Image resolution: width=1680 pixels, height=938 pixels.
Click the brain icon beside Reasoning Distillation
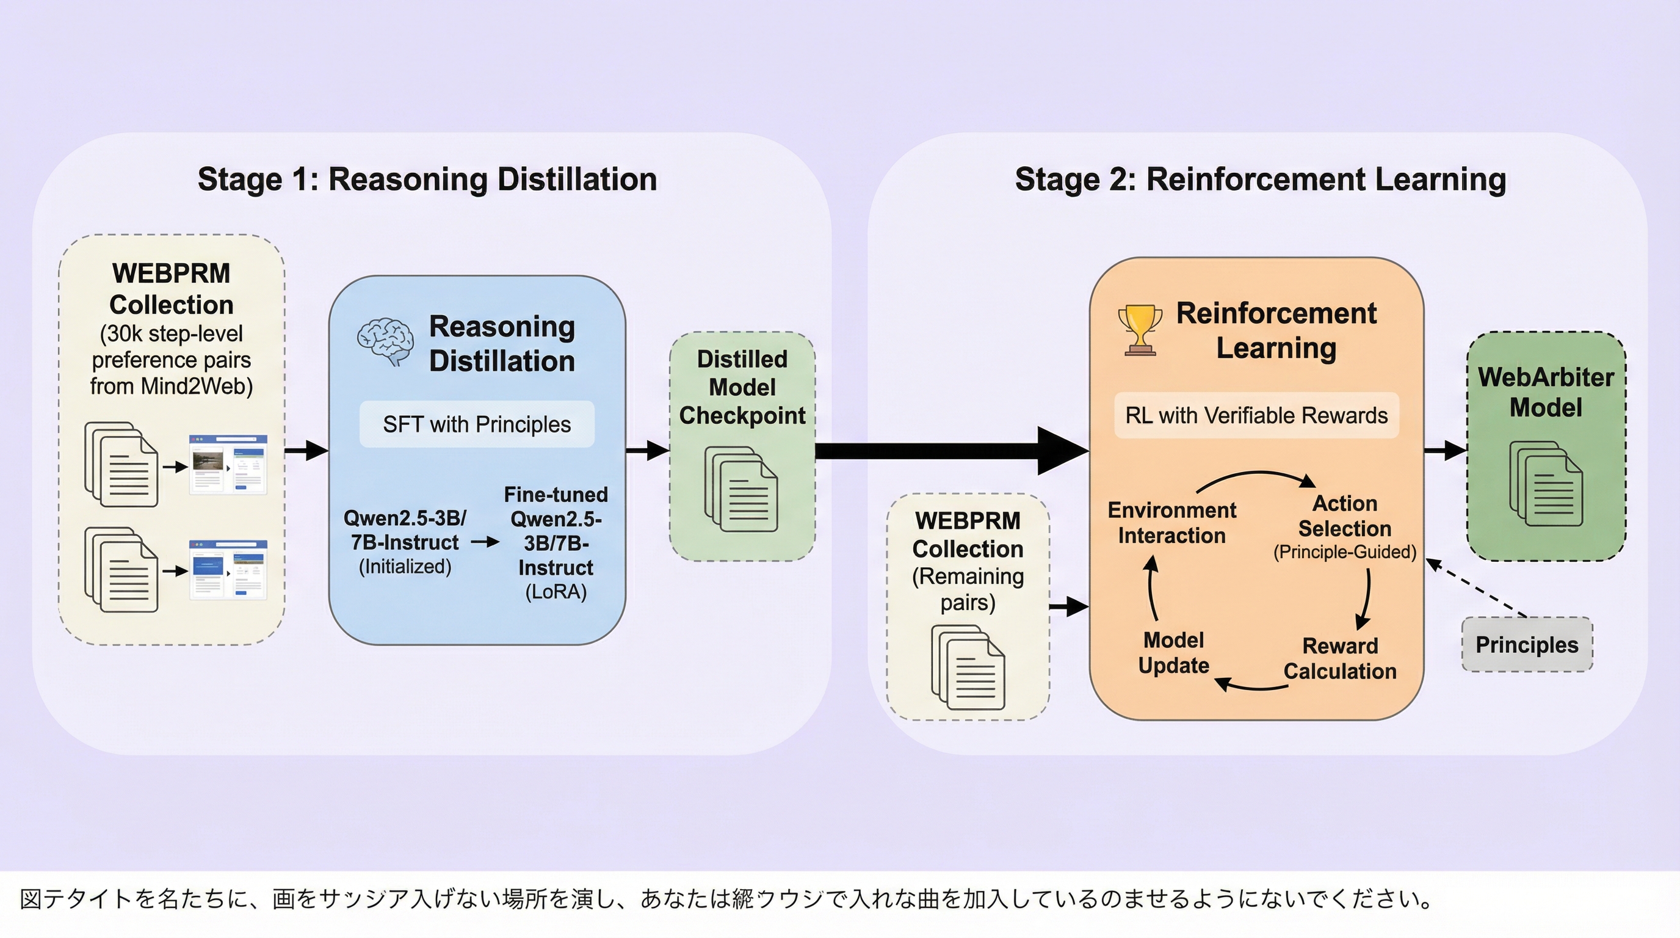coord(385,341)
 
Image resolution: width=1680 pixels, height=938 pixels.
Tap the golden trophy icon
coord(1139,330)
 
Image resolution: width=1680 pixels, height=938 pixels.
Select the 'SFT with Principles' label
coord(477,424)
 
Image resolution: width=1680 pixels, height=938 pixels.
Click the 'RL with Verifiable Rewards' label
coord(1256,415)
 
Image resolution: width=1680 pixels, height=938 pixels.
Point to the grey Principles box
coord(1527,644)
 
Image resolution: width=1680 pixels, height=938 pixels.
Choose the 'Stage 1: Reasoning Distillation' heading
coord(427,180)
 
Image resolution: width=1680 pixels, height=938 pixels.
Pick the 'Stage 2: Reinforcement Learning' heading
coord(1260,180)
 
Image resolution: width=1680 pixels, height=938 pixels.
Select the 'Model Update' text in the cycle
coord(1173,653)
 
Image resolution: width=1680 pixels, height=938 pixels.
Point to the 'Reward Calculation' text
coord(1339,659)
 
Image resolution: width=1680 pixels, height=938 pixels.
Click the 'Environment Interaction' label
coord(1171,523)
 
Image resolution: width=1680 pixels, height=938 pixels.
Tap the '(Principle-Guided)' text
coord(1345,553)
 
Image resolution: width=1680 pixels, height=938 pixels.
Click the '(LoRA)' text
coord(556,592)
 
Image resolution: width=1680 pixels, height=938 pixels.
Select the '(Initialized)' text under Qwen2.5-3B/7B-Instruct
coord(405,566)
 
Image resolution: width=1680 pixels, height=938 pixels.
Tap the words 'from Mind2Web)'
coord(171,386)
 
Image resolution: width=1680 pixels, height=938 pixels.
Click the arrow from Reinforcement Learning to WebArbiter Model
coord(1445,450)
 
